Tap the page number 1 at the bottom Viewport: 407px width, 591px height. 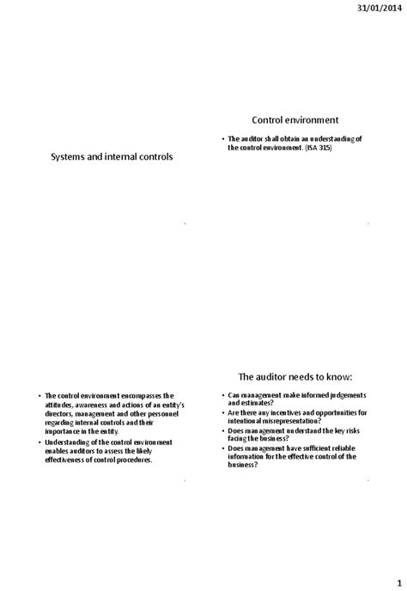coord(398,581)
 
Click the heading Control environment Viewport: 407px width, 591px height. coord(295,120)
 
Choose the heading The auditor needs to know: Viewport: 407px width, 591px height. coord(295,376)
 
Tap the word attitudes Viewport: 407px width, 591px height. coord(60,404)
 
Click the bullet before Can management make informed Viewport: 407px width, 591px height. coord(222,395)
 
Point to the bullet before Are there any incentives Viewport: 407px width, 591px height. coord(222,413)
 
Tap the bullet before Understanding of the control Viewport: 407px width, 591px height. coord(39,442)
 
